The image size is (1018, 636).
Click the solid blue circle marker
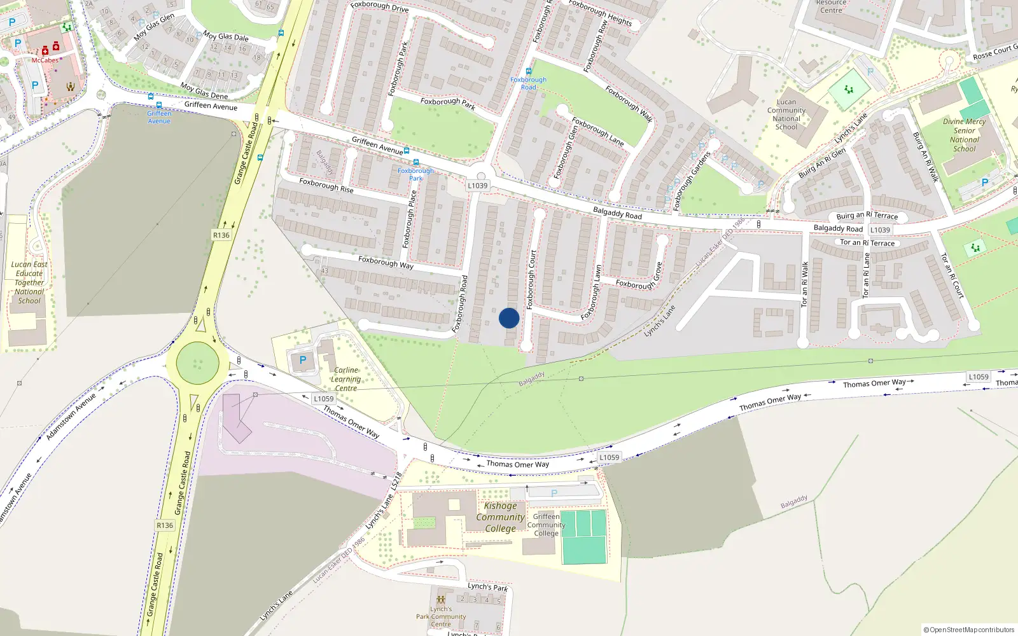(x=509, y=318)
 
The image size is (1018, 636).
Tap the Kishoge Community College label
(x=500, y=517)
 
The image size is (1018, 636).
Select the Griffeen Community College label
(x=546, y=525)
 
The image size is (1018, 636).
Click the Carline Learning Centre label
(x=345, y=379)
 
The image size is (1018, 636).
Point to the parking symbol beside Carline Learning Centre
(x=303, y=361)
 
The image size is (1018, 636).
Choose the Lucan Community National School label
(x=786, y=114)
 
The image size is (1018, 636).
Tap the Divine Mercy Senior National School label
(x=964, y=135)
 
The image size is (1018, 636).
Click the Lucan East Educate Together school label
(x=29, y=282)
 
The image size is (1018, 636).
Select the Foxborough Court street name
(x=531, y=280)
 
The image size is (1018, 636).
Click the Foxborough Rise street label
(x=326, y=185)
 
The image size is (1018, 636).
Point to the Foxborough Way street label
(x=386, y=262)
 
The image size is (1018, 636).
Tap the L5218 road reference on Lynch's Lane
(x=398, y=480)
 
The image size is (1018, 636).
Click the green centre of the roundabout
(x=198, y=363)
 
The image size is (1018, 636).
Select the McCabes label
(x=45, y=60)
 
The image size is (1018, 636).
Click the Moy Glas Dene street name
(x=204, y=91)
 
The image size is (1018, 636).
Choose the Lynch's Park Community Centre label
(x=441, y=616)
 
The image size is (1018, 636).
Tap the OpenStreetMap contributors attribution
(x=969, y=630)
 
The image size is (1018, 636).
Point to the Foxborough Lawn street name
(x=590, y=293)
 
